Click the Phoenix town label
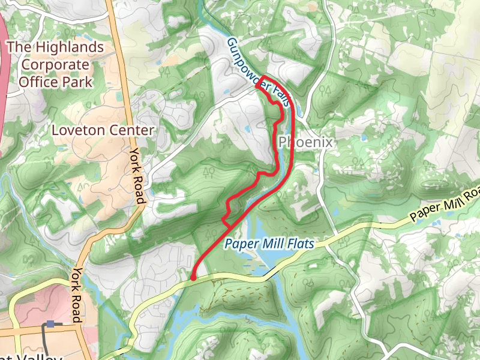(305, 142)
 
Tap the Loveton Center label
(103, 130)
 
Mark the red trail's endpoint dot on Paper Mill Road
(193, 278)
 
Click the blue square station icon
(50, 324)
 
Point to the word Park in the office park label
(79, 82)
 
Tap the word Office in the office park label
(37, 82)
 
